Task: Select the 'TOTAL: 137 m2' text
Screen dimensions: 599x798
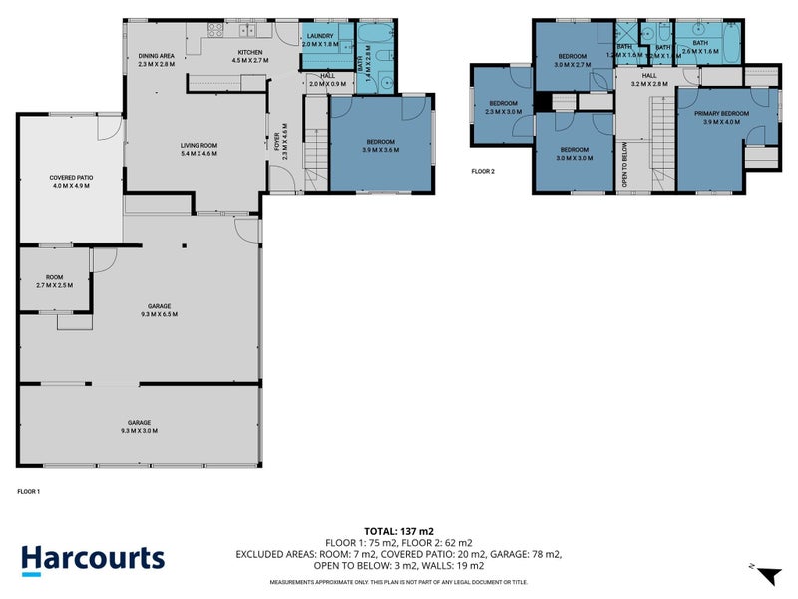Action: (398, 531)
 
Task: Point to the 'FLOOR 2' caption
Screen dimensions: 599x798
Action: (483, 171)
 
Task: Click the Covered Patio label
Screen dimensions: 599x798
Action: (71, 181)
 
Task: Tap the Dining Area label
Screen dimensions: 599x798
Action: (156, 60)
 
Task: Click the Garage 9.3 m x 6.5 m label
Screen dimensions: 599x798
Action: (140, 310)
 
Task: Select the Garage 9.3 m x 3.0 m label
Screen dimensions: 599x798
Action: (140, 426)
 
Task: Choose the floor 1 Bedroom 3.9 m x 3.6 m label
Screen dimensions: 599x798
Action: (381, 146)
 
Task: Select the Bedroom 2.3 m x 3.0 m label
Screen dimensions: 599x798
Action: (503, 107)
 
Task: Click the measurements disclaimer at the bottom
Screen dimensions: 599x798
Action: (398, 582)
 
